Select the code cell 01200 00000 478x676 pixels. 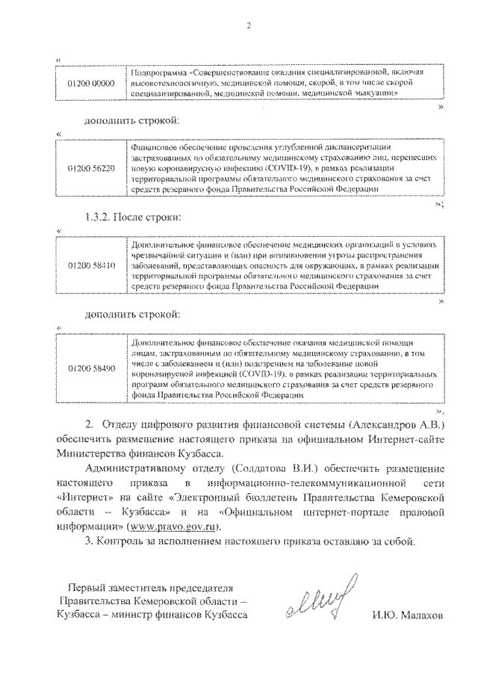(x=90, y=84)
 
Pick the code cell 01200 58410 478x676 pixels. (x=90, y=265)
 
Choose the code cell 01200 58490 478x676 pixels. (x=90, y=369)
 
